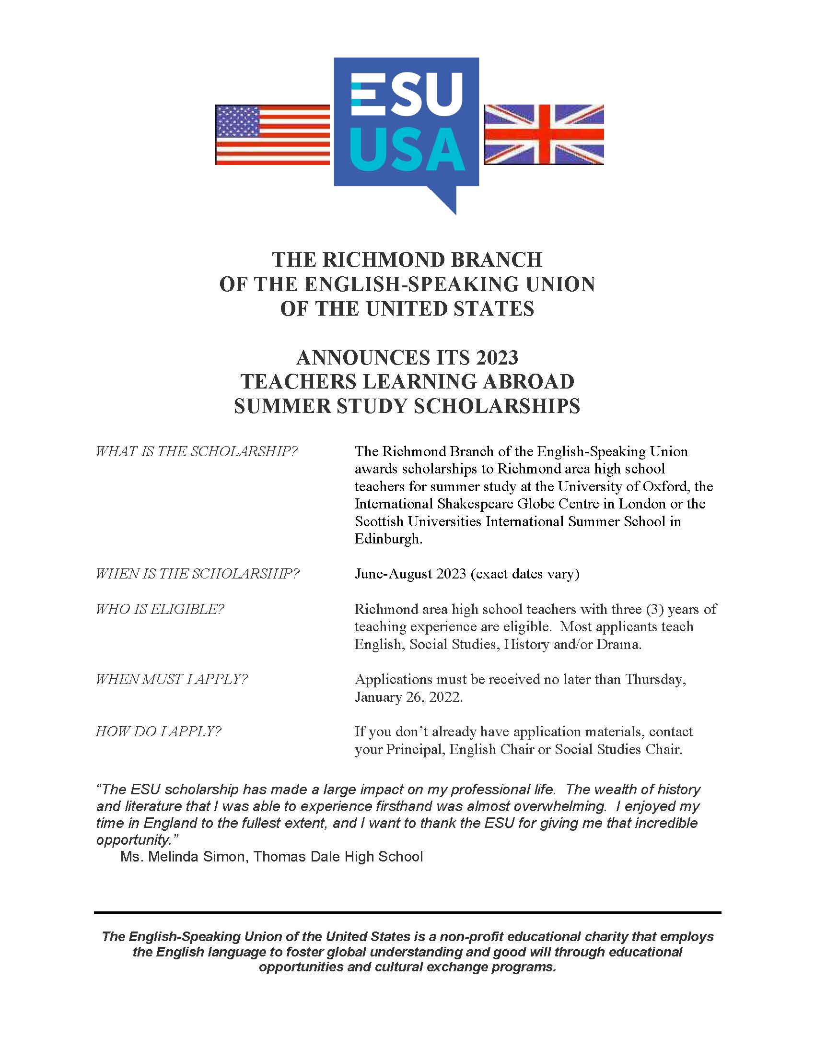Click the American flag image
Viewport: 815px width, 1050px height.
[272, 135]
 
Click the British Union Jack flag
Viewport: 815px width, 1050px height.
[544, 135]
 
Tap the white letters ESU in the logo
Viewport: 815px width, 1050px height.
[407, 95]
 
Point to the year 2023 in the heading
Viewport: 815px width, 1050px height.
[497, 358]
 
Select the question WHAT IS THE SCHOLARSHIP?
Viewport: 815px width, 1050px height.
[197, 451]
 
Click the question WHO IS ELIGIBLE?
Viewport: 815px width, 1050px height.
[160, 609]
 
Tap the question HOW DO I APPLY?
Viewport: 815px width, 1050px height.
[158, 731]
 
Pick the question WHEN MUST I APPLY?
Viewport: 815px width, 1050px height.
[171, 679]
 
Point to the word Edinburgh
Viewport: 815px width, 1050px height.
[388, 539]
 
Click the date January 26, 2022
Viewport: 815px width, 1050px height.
[408, 696]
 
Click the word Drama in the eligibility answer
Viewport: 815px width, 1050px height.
[618, 644]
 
